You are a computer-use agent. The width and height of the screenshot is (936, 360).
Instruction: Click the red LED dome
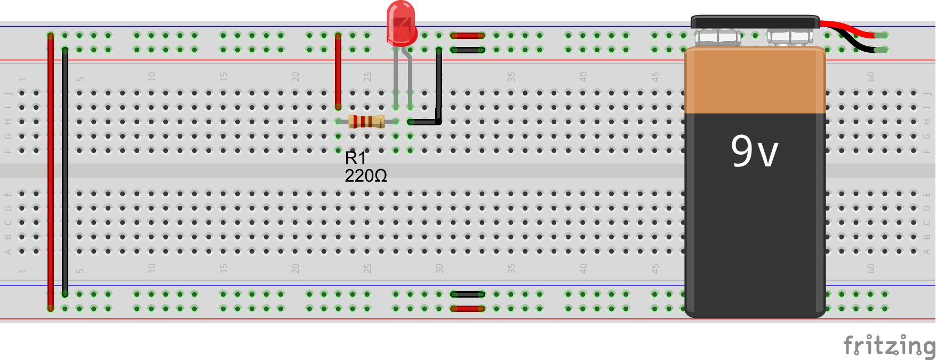tap(401, 22)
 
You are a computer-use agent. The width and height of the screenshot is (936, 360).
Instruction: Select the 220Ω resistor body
tap(366, 122)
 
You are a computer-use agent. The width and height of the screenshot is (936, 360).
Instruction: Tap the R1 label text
tap(355, 158)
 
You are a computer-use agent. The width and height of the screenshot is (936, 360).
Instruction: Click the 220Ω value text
tap(365, 176)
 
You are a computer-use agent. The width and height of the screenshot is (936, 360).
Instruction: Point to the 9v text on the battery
tap(754, 151)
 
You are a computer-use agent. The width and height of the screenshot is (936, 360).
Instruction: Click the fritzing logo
tap(889, 346)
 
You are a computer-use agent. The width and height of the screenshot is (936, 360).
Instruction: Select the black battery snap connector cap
tap(755, 22)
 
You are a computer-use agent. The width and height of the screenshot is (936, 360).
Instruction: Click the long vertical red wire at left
tap(51, 171)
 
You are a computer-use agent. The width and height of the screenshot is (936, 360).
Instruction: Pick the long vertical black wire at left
tap(65, 171)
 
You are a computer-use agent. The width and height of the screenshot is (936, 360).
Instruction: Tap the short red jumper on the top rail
tap(468, 36)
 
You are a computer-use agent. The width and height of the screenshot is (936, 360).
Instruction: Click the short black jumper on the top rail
tap(468, 50)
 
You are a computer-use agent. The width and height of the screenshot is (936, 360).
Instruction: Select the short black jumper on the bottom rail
tap(468, 294)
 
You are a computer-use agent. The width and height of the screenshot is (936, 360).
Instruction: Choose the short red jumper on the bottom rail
tap(468, 309)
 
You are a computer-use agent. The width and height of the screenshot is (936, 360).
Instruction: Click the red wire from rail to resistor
tap(338, 69)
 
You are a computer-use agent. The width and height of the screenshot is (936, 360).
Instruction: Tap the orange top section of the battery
tap(755, 80)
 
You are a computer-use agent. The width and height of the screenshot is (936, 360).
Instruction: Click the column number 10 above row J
tap(151, 76)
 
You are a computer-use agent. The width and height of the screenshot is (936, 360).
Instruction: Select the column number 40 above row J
tap(583, 76)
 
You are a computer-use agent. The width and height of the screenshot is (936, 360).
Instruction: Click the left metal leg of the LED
tap(396, 75)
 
